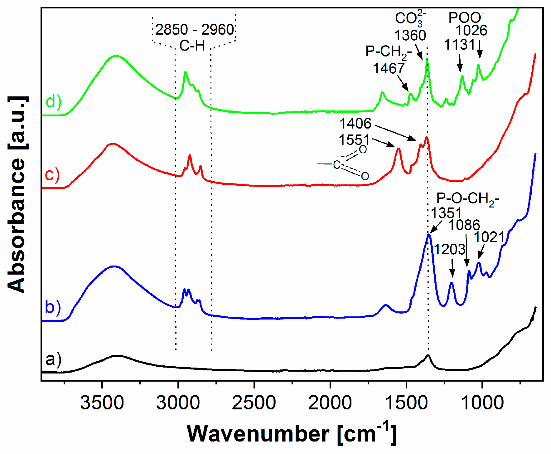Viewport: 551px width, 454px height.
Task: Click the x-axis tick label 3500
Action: pos(102,403)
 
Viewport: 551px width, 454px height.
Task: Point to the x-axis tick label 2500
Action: pos(254,403)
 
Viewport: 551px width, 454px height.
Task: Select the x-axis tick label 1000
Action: pos(482,403)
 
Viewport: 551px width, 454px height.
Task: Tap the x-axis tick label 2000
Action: pos(330,403)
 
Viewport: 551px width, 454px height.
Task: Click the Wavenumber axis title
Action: pos(292,434)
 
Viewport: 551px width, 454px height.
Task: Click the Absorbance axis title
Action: pos(17,195)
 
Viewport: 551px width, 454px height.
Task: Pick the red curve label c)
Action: pos(52,174)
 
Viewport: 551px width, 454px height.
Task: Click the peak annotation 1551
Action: pos(354,140)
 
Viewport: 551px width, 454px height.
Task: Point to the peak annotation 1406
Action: pos(355,124)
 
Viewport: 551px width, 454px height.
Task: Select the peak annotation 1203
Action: pos(450,249)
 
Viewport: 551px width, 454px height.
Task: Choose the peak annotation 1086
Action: pos(464,225)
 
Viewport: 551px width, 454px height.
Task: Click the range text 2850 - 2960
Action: pos(194,30)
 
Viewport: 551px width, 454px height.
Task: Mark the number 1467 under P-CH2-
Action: pos(389,68)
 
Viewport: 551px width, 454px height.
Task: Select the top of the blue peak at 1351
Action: pos(429,234)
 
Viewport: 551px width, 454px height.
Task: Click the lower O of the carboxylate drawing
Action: pos(365,176)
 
